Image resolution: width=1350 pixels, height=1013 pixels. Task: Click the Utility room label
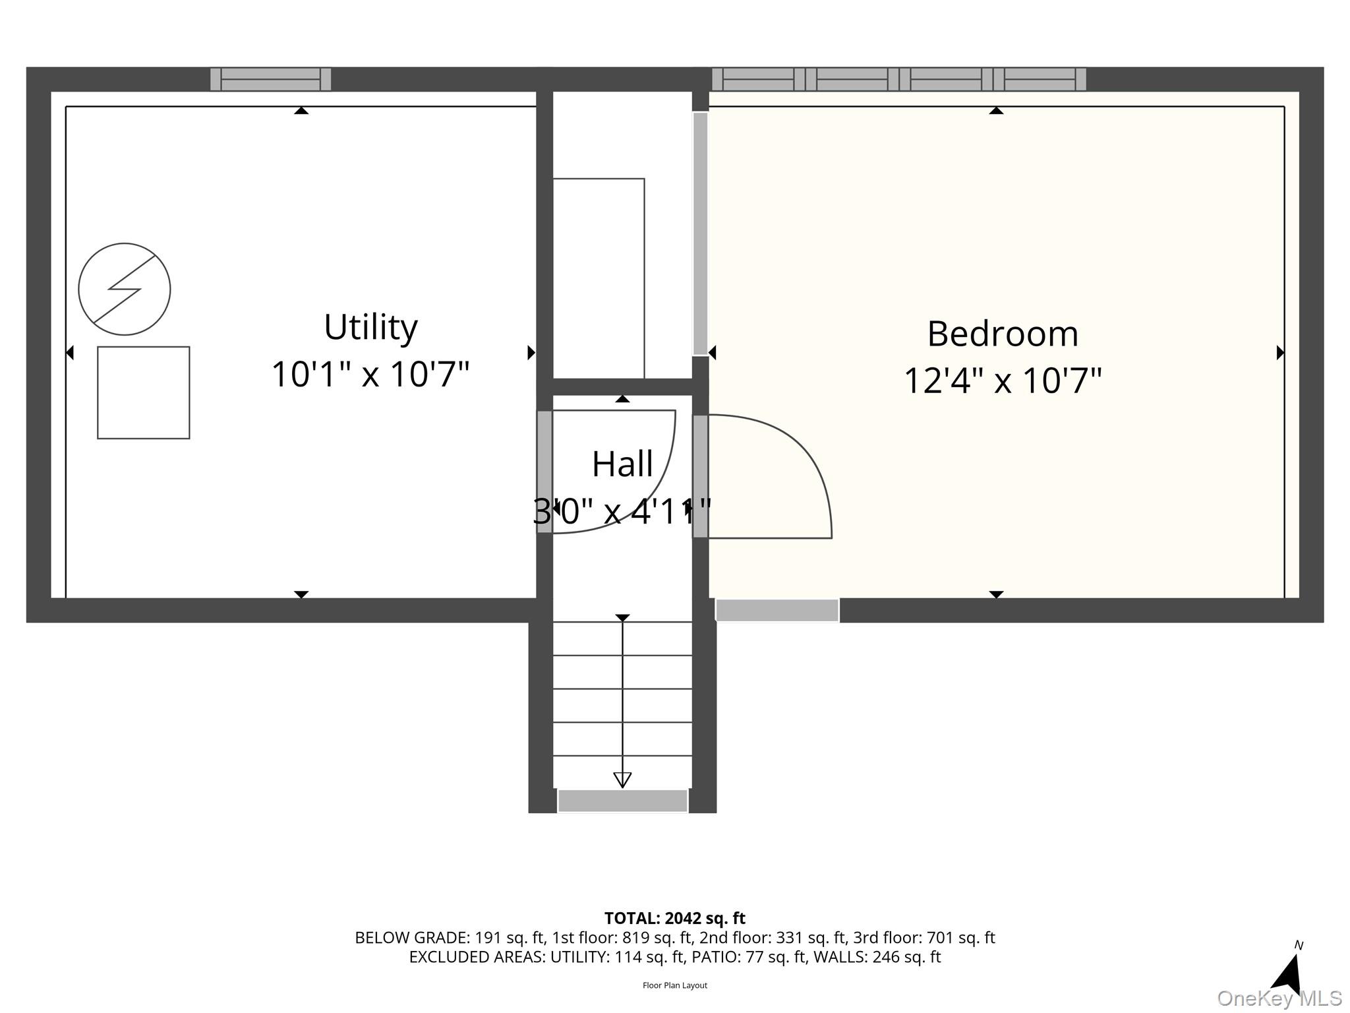(x=370, y=327)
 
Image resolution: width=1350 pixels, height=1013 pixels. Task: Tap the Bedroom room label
(x=1003, y=334)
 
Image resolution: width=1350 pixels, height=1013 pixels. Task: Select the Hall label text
(x=622, y=464)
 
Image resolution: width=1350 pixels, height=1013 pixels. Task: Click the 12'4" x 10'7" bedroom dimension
(x=1003, y=381)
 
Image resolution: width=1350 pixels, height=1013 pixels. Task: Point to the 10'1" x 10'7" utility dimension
(x=370, y=374)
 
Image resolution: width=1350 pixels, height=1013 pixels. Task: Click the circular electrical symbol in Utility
(x=125, y=289)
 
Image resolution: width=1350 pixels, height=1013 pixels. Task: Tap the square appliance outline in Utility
(x=144, y=392)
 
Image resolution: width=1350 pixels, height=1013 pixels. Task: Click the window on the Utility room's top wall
(x=270, y=79)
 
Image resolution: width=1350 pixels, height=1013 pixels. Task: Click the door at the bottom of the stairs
(x=623, y=801)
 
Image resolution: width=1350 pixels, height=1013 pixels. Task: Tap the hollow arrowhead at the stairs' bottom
(x=622, y=780)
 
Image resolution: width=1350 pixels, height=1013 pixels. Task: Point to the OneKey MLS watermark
(x=1279, y=998)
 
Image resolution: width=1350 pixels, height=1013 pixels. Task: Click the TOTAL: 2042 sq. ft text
(x=675, y=918)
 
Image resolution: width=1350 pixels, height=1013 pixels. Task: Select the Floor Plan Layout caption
(x=675, y=985)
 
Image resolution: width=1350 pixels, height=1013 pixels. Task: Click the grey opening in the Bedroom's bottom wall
(x=777, y=610)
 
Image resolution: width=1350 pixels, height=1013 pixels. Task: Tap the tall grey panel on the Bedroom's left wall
(x=700, y=234)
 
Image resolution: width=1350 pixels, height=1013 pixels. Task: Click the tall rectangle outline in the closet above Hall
(x=599, y=278)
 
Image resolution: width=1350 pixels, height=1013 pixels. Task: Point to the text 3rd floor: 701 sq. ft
(x=924, y=938)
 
